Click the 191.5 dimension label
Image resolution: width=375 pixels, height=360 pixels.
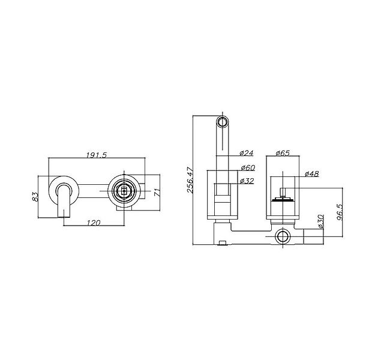pos(97,155)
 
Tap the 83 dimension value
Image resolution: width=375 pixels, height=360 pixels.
pos(35,197)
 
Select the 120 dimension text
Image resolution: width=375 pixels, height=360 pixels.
pos(94,223)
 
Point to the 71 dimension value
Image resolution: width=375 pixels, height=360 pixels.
pos(157,193)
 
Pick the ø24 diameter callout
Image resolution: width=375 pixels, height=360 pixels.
pos(247,153)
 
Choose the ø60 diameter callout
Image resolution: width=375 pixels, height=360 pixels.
pos(248,167)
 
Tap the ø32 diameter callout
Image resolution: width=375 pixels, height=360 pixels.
pos(247,181)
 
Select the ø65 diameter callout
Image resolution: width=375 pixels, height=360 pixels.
pos(283,153)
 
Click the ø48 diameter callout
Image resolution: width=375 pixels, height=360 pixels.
pos(312,173)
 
